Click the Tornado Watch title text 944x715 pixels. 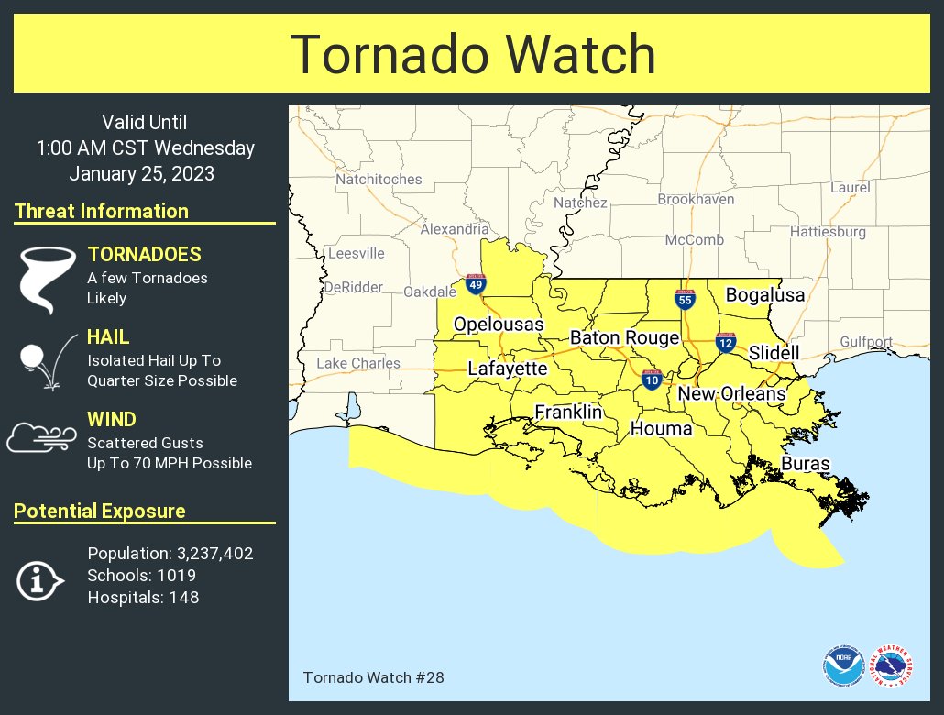click(x=472, y=55)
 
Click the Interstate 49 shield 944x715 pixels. click(x=475, y=284)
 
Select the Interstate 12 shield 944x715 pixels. click(x=726, y=343)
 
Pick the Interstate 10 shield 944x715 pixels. click(x=652, y=379)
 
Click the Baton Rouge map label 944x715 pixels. click(x=624, y=337)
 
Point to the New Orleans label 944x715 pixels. click(x=731, y=393)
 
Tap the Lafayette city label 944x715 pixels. click(x=507, y=368)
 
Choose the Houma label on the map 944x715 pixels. click(x=661, y=428)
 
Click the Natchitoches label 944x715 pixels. click(x=379, y=179)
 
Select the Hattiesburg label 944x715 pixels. click(x=828, y=232)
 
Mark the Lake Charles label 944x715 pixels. click(x=358, y=363)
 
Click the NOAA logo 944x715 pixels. click(x=842, y=666)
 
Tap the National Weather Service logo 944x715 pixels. click(x=891, y=666)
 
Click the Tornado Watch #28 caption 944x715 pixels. click(x=360, y=678)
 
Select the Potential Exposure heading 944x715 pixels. click(x=100, y=511)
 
